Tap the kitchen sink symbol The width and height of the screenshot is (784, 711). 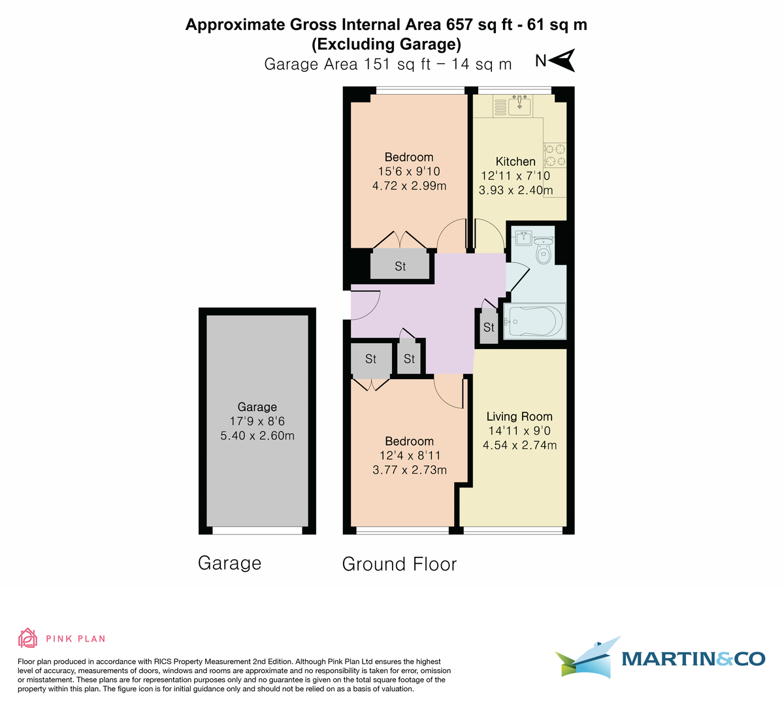[520, 105]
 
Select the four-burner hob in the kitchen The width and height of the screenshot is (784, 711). [555, 155]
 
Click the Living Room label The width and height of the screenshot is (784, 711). [519, 416]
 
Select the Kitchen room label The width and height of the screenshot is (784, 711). [515, 161]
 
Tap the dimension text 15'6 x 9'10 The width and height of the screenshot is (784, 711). [409, 171]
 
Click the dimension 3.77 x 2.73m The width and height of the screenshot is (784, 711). [410, 470]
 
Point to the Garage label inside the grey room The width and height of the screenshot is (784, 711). [257, 406]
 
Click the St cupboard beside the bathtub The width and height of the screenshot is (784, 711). [489, 327]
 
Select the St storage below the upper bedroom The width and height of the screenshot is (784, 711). [400, 266]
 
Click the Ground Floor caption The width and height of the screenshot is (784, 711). [399, 564]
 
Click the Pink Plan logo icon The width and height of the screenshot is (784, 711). [27, 638]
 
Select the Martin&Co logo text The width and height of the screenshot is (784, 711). [693, 659]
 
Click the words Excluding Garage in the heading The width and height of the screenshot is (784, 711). [387, 44]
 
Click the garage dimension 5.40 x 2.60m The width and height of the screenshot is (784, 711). [257, 435]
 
